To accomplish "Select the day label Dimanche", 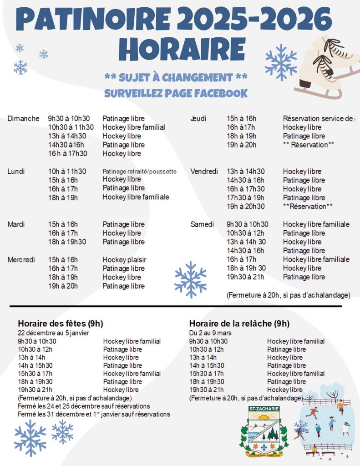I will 23,119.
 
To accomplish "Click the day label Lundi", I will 16,172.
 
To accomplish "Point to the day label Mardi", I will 16,224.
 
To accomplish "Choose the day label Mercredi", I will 21,260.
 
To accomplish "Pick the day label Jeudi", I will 198,119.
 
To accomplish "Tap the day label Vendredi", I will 204,172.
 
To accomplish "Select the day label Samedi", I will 202,224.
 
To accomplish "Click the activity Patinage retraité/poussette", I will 139,172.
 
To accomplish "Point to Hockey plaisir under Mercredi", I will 124,260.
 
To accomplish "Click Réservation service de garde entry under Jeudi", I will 318,119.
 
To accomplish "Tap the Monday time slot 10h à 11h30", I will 67,172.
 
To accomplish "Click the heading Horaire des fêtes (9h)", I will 61,324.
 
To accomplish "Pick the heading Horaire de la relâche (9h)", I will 239,324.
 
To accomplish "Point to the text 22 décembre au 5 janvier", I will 53,333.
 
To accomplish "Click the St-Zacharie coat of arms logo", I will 264,431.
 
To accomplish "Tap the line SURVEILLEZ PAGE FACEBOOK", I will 176,93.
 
